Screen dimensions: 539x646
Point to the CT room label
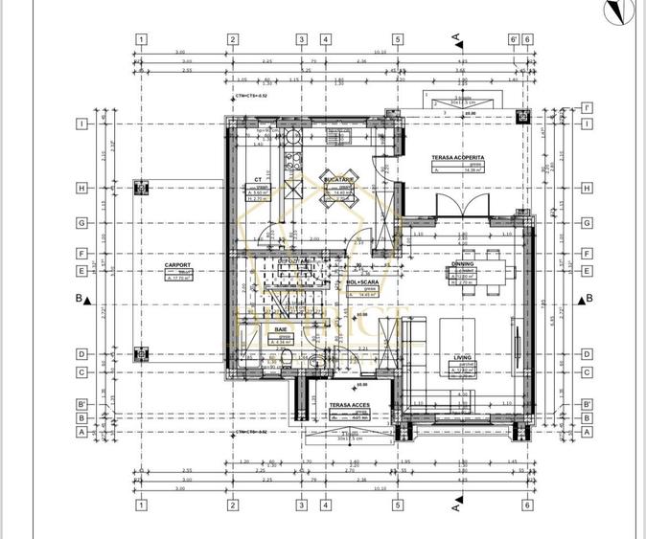[258, 180]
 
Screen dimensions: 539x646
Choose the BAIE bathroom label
[281, 328]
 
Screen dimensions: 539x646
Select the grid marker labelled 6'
[514, 39]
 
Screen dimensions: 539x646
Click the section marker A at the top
[457, 37]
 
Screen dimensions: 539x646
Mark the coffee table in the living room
[457, 336]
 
